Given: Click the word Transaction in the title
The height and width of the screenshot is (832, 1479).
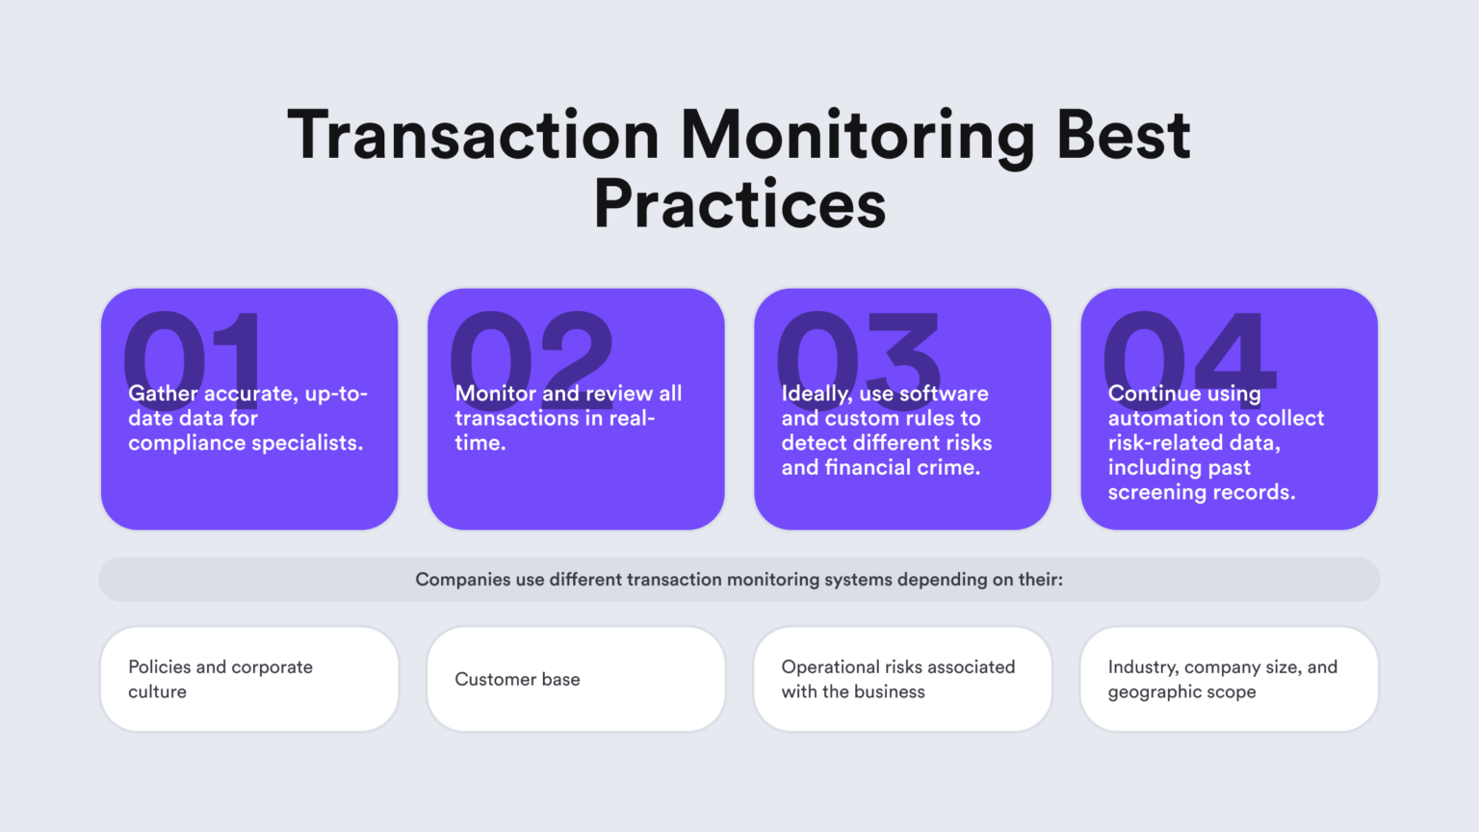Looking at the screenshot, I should coord(473,135).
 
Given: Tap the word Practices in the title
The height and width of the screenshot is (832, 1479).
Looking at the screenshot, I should coord(739,204).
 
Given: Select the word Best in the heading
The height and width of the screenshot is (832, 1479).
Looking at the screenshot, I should coord(1123,135).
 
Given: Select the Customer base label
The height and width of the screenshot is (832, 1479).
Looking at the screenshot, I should coord(517,680).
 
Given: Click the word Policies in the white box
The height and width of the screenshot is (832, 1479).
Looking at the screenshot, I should coord(159,667).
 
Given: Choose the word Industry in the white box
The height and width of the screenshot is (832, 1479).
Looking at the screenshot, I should coord(1142,667).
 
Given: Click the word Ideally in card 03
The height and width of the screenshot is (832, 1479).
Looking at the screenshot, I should coord(816,394).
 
